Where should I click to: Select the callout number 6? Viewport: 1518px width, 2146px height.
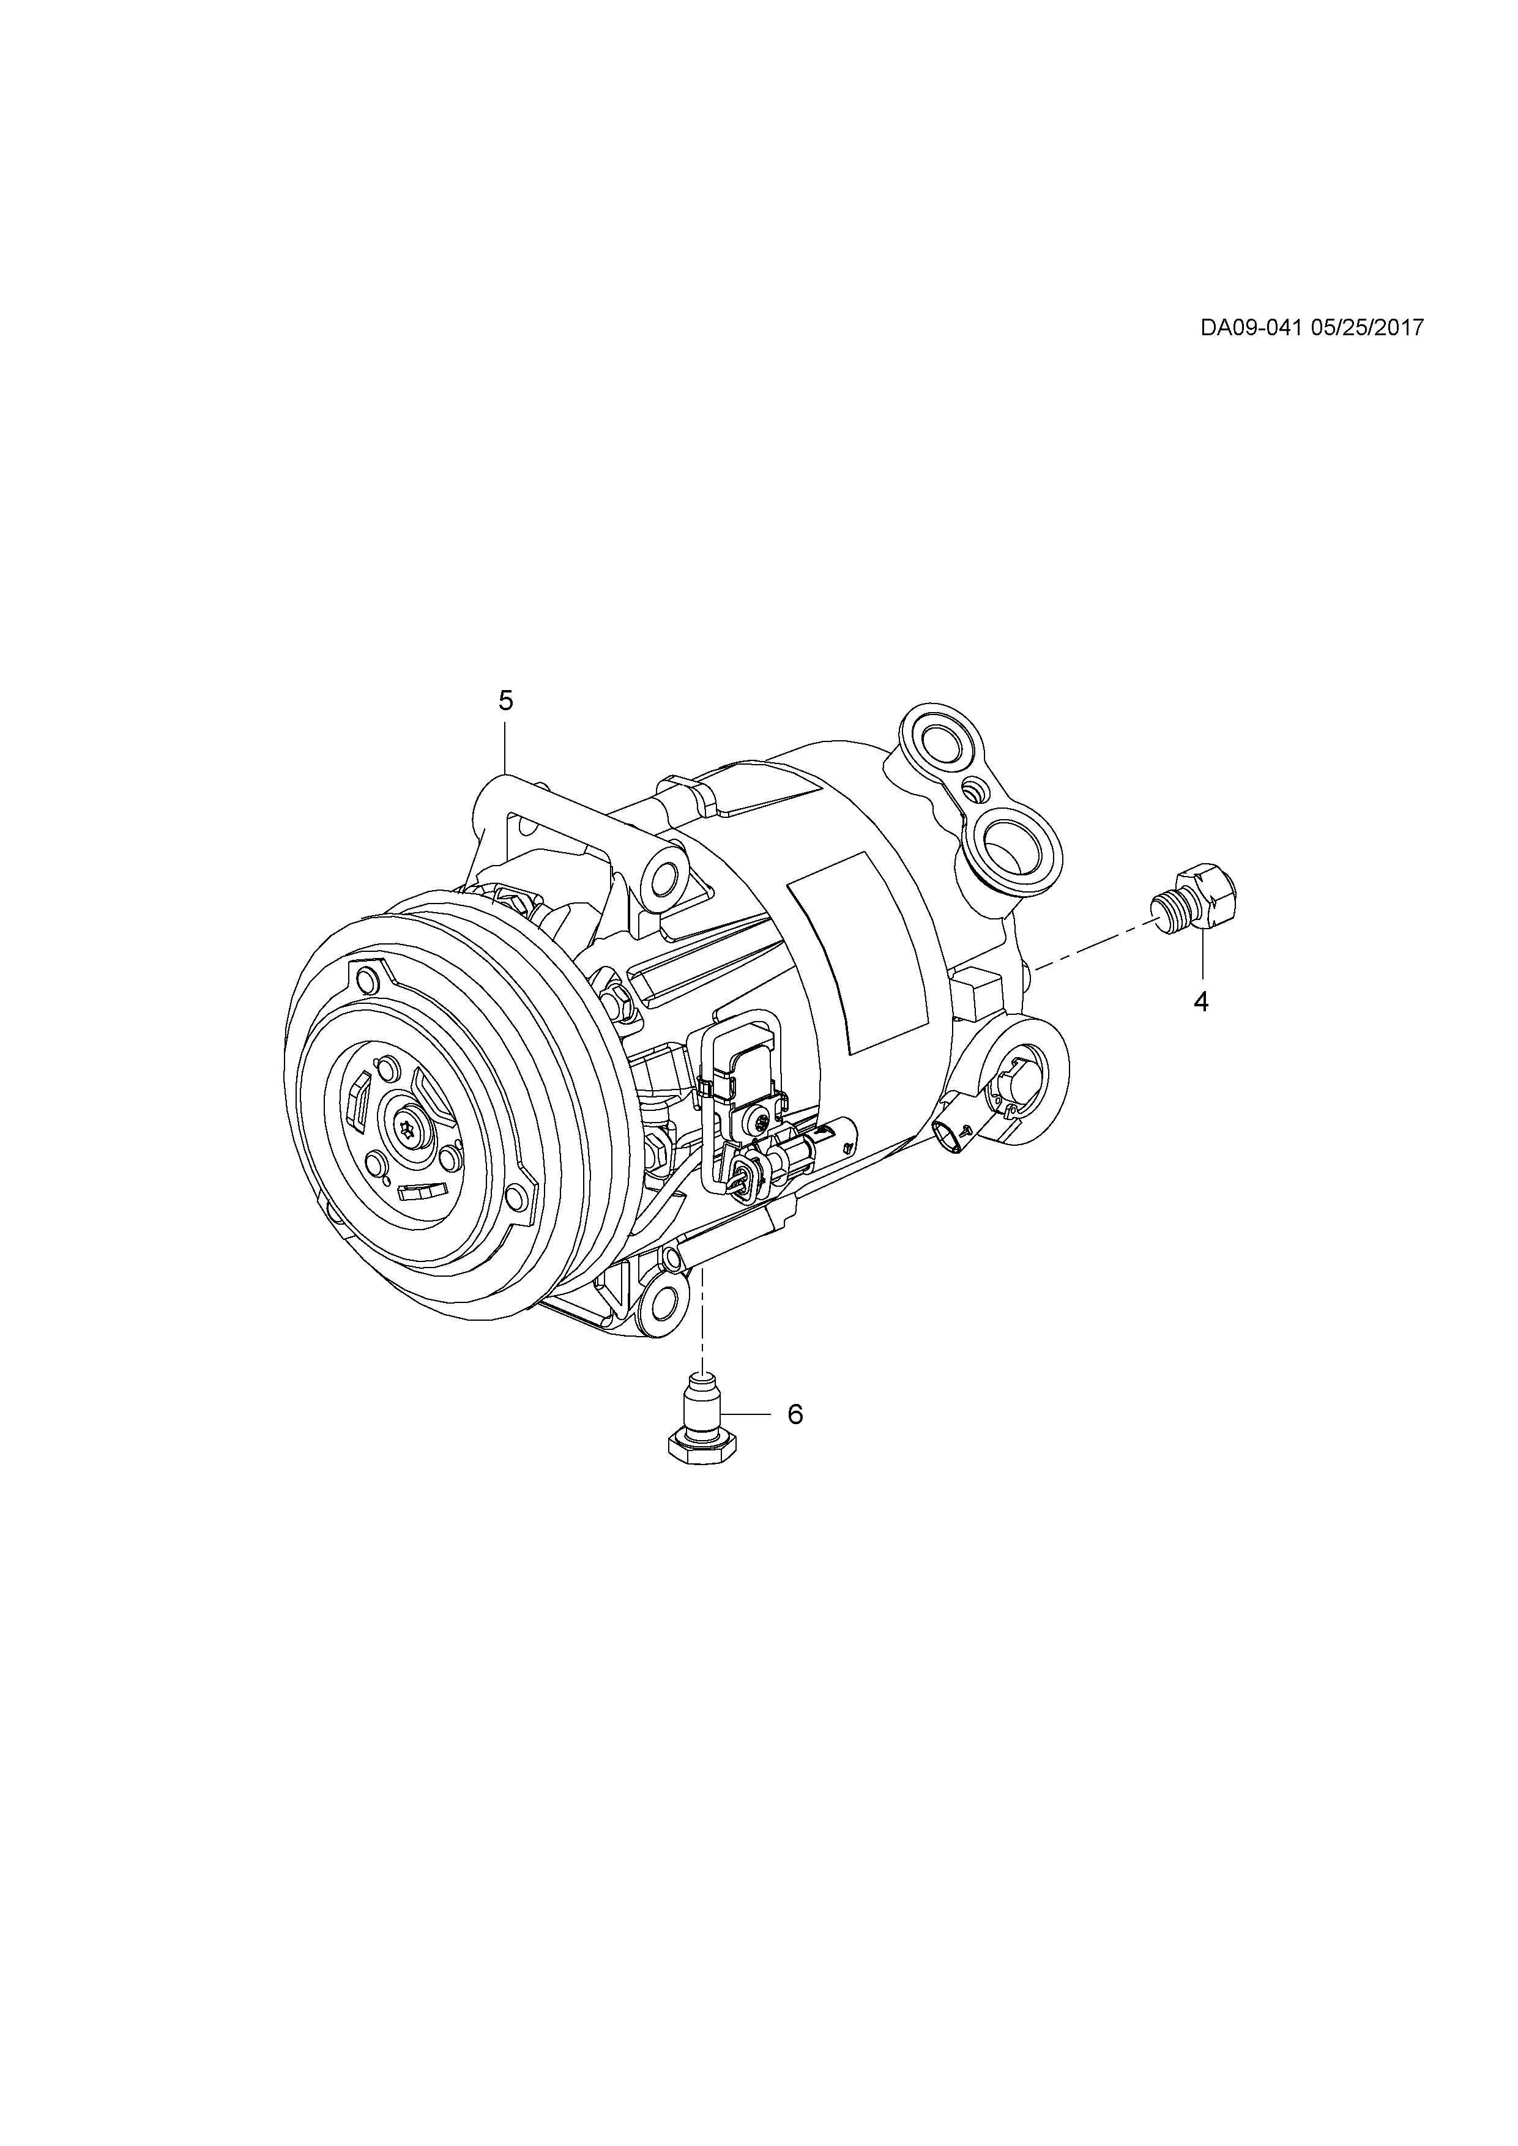(795, 1414)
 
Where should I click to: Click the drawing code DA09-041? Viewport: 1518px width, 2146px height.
(1251, 327)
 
